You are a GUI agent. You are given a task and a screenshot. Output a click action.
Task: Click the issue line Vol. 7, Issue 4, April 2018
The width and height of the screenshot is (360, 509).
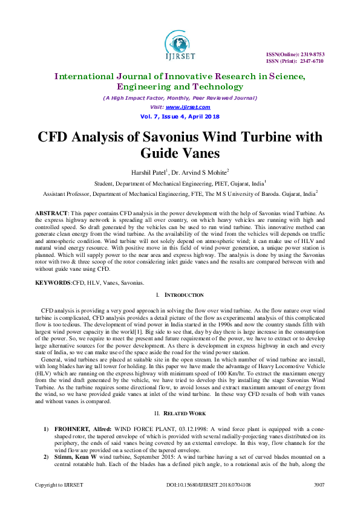pyautogui.click(x=180, y=116)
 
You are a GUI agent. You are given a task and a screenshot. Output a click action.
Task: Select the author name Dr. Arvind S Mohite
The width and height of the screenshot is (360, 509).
pyautogui.click(x=200, y=172)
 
